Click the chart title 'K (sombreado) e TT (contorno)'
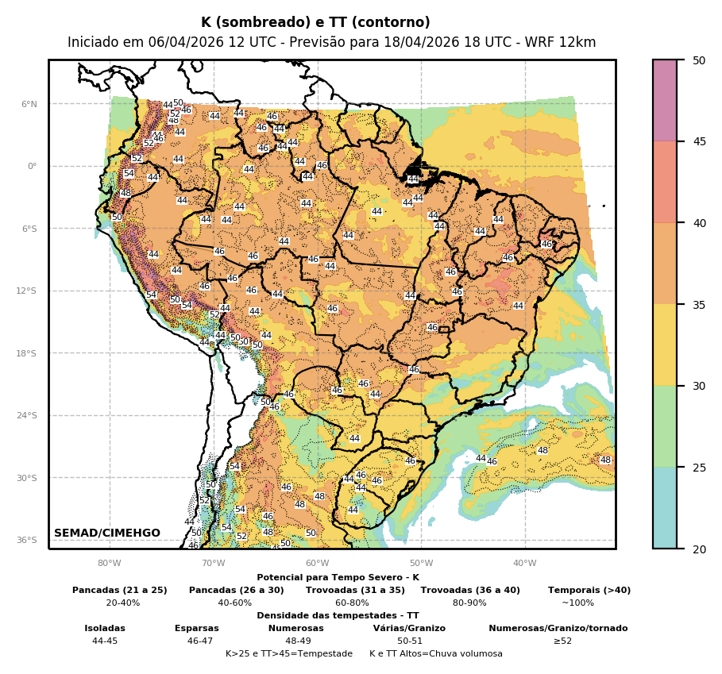(x=315, y=22)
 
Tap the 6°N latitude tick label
(x=29, y=104)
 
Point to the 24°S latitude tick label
(x=28, y=415)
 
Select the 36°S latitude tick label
(x=28, y=540)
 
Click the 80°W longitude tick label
(x=109, y=564)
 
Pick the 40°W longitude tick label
(x=524, y=564)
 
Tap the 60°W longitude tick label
(x=317, y=564)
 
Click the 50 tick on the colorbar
(x=699, y=60)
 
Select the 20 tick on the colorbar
(x=699, y=549)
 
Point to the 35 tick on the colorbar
(x=699, y=304)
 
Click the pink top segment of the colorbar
(x=665, y=100)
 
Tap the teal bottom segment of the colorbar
(x=665, y=508)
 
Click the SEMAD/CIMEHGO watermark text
(x=107, y=533)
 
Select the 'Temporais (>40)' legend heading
(x=589, y=590)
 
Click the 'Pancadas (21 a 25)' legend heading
(x=120, y=590)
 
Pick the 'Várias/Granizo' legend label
(x=409, y=628)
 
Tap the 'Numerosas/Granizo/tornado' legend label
(x=558, y=628)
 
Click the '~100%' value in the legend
(x=577, y=603)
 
